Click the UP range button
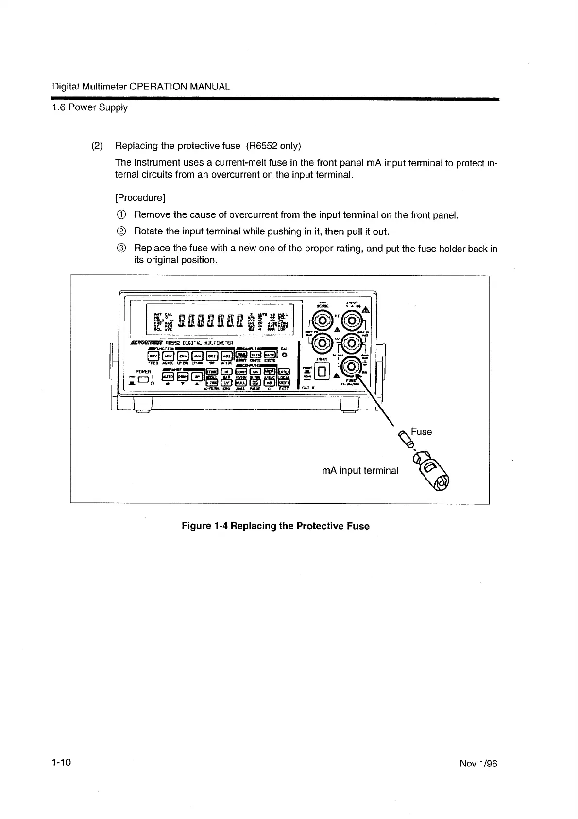[x=197, y=376]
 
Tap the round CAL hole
[x=284, y=355]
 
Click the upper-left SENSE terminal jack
[x=322, y=320]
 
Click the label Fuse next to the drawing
[x=421, y=432]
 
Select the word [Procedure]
[x=140, y=198]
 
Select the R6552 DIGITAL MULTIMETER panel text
[x=196, y=343]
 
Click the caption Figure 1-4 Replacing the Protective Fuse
[x=275, y=526]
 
